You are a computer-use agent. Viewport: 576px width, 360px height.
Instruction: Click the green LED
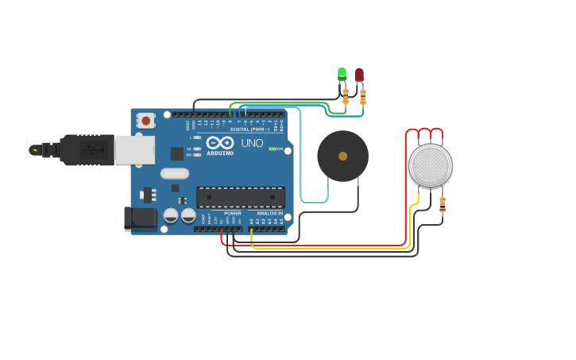click(342, 73)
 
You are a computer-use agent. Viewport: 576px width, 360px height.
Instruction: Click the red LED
click(359, 74)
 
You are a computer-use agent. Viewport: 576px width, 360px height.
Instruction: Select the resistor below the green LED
click(346, 97)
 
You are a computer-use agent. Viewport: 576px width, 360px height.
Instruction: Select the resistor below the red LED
click(363, 97)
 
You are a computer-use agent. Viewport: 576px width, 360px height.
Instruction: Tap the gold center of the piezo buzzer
click(342, 157)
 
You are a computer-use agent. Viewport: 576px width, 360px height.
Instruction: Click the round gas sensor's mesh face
click(431, 165)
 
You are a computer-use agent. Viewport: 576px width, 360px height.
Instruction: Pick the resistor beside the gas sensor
click(443, 204)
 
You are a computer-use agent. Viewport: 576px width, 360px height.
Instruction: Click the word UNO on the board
click(252, 143)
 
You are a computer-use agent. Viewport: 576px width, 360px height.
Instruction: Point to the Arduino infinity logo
click(220, 142)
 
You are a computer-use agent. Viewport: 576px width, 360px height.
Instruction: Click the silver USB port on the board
click(134, 149)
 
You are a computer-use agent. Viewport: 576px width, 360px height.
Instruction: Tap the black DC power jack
click(141, 219)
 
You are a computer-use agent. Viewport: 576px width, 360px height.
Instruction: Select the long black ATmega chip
click(241, 197)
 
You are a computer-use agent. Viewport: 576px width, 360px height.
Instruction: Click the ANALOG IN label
click(269, 213)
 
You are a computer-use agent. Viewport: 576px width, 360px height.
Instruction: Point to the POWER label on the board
click(233, 213)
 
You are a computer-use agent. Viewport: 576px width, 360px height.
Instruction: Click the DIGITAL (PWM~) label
click(249, 129)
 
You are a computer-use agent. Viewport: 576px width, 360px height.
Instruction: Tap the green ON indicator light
click(272, 149)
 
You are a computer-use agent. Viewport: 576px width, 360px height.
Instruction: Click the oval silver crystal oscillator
click(175, 173)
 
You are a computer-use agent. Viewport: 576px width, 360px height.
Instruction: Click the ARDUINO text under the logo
click(220, 153)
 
